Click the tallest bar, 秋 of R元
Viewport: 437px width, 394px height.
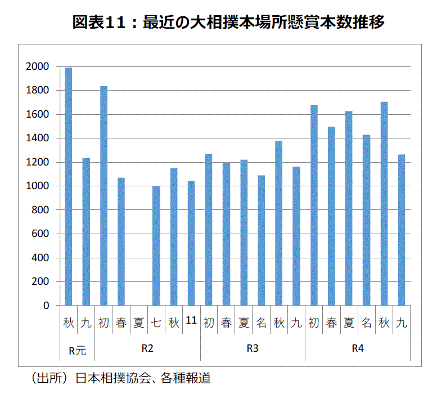pyautogui.click(x=69, y=186)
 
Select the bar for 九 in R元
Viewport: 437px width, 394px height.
pyautogui.click(x=86, y=231)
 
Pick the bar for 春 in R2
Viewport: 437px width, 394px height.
pyautogui.click(x=121, y=241)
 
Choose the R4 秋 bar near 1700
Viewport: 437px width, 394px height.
pyautogui.click(x=384, y=203)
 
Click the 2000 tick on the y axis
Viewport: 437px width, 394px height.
pyautogui.click(x=37, y=67)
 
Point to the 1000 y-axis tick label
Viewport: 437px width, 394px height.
pyautogui.click(x=37, y=186)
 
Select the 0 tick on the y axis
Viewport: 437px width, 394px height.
pyautogui.click(x=47, y=306)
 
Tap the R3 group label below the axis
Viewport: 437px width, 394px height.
pyautogui.click(x=253, y=348)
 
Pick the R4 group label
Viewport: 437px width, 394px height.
pyautogui.click(x=358, y=348)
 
